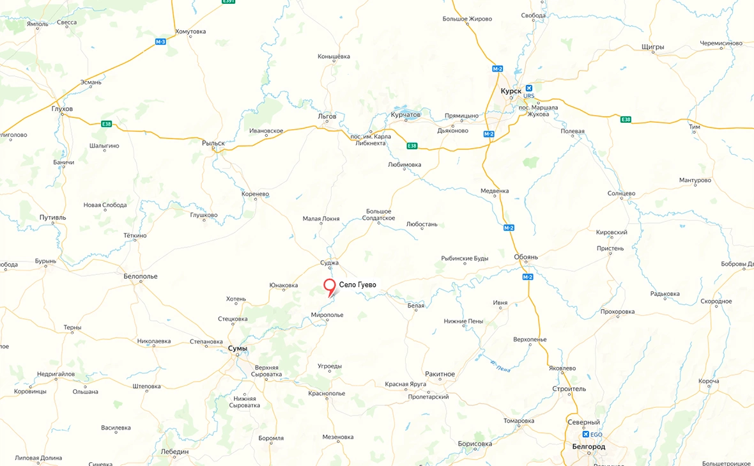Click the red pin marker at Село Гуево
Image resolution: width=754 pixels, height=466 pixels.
330,286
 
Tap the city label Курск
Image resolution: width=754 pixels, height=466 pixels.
512,91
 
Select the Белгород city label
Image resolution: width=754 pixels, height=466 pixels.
589,446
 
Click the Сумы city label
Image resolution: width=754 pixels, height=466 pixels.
237,348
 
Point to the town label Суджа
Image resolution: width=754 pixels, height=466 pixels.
329,263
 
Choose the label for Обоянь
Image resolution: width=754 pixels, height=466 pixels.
526,257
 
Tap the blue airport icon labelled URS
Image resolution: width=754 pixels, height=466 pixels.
528,88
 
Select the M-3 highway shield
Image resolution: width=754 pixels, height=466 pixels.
160,42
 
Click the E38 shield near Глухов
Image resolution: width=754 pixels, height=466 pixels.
106,123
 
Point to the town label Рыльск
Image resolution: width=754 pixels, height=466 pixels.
213,143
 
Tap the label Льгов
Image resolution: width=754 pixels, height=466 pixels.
327,116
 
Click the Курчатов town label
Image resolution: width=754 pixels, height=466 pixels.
406,115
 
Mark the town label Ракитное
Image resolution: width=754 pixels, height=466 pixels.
440,374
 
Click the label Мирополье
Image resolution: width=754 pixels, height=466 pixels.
327,315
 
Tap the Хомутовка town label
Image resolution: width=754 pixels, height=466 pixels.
190,31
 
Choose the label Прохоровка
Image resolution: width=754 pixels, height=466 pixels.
617,312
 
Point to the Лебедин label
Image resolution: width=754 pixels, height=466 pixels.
175,451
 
